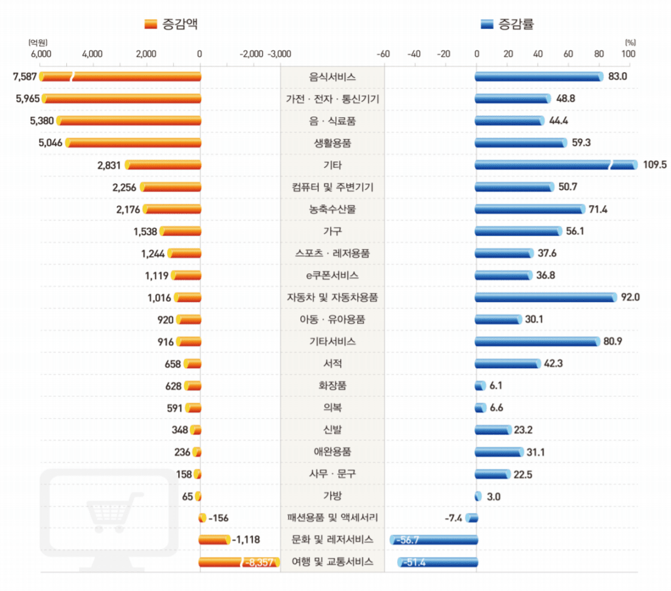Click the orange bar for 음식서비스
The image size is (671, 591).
121,77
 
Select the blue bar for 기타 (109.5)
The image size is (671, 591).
556,164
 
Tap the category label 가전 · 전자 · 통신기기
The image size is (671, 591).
332,99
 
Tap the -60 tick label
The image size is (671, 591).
383,54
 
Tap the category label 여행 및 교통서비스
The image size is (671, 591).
332,562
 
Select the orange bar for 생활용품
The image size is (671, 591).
133,143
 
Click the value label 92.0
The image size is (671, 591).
630,297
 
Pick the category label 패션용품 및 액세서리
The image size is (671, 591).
332,518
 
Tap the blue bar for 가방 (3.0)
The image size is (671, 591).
478,496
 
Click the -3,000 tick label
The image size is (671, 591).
279,54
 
